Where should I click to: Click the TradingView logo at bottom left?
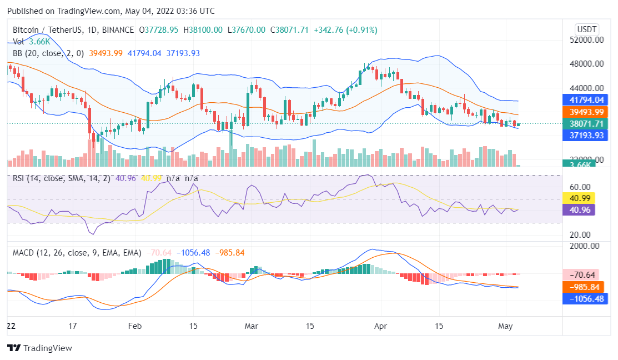coord(39,348)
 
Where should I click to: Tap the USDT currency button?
coord(586,29)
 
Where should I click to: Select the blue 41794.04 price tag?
coord(583,100)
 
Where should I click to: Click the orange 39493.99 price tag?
coord(583,112)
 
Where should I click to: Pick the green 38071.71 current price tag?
coord(583,123)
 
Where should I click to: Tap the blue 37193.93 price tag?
coord(583,135)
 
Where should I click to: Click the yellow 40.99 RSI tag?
coord(579,198)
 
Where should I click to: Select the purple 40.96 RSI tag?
coord(579,209)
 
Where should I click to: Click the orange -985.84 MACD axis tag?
coord(581,287)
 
